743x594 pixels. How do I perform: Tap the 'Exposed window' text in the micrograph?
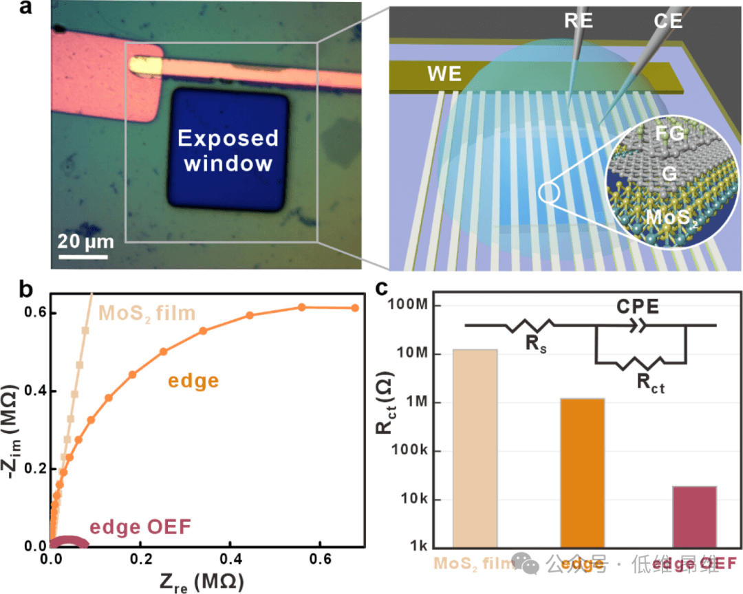(x=228, y=151)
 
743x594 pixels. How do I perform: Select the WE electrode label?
(x=444, y=74)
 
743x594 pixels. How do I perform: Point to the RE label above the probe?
(x=579, y=21)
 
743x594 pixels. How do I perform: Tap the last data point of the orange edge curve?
(x=356, y=307)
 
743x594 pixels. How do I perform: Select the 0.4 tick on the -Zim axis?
(x=30, y=390)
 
